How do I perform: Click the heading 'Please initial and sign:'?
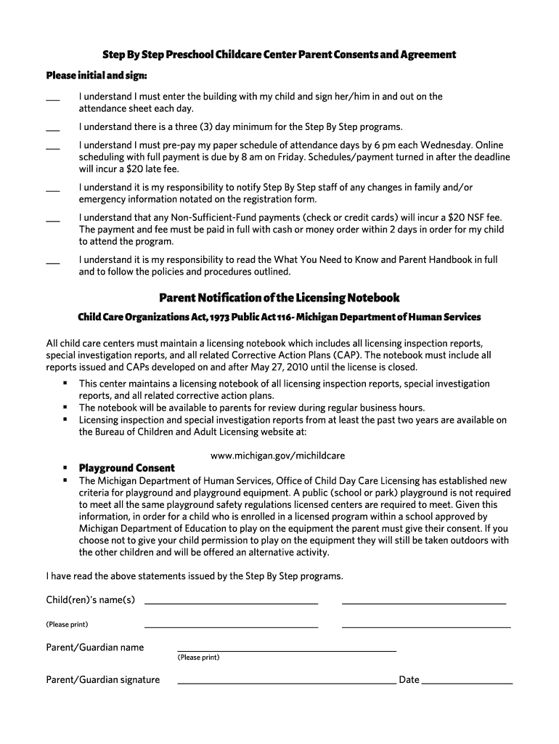(97, 76)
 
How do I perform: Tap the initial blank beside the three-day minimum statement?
(53, 129)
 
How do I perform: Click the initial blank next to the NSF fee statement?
(53, 219)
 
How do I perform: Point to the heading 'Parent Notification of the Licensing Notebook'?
(279, 298)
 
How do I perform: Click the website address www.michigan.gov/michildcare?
(278, 456)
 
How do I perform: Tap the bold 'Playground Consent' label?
(126, 469)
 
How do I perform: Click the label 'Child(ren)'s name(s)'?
(91, 599)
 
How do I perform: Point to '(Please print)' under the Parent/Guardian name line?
(198, 658)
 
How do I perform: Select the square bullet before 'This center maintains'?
(65, 383)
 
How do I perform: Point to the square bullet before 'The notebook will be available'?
(65, 408)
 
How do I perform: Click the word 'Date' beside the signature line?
(409, 680)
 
